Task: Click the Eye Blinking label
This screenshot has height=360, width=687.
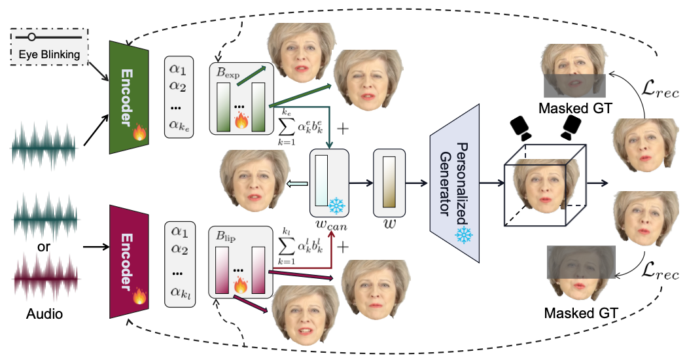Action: click(50, 54)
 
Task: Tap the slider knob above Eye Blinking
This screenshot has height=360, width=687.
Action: click(31, 37)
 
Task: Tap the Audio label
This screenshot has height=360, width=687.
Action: click(44, 314)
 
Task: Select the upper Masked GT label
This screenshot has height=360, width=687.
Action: click(574, 107)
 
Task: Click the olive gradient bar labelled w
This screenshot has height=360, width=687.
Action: click(385, 183)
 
